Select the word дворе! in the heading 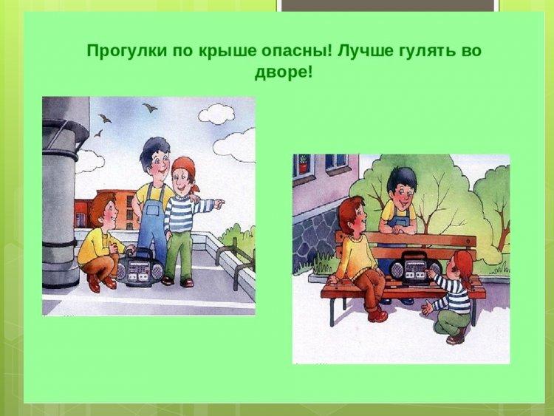tap(284, 73)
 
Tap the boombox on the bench tap(415, 268)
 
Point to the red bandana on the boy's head tap(185, 168)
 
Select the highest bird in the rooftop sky tap(150, 107)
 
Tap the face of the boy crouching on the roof tap(109, 216)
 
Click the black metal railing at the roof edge tap(235, 258)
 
